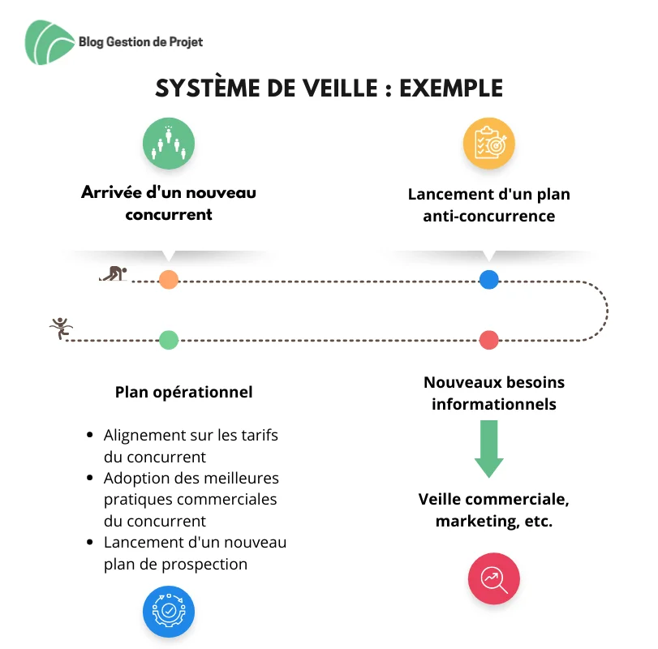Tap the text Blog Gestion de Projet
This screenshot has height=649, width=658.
pos(140,42)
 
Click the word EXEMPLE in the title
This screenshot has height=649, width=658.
pos(451,88)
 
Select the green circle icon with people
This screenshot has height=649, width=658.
pos(169,144)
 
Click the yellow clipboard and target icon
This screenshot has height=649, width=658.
pos(489,144)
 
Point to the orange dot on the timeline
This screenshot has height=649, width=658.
pos(169,280)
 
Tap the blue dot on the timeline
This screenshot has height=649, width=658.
pos(489,280)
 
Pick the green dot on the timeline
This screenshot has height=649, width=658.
pos(169,340)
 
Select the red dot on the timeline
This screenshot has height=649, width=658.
pos(489,340)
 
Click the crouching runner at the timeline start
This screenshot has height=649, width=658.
pos(114,273)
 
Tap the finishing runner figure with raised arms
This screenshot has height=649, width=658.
pos(62,328)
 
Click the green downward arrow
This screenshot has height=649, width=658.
pos(489,449)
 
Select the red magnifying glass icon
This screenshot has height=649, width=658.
pos(494,578)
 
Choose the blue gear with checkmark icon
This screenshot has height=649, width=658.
pos(169,611)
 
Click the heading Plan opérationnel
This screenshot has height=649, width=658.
pos(184,393)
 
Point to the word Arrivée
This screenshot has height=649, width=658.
pos(111,192)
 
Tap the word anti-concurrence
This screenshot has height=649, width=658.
pos(489,216)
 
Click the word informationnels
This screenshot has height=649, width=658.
pos(494,404)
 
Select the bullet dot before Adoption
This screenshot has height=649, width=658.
pos(89,477)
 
